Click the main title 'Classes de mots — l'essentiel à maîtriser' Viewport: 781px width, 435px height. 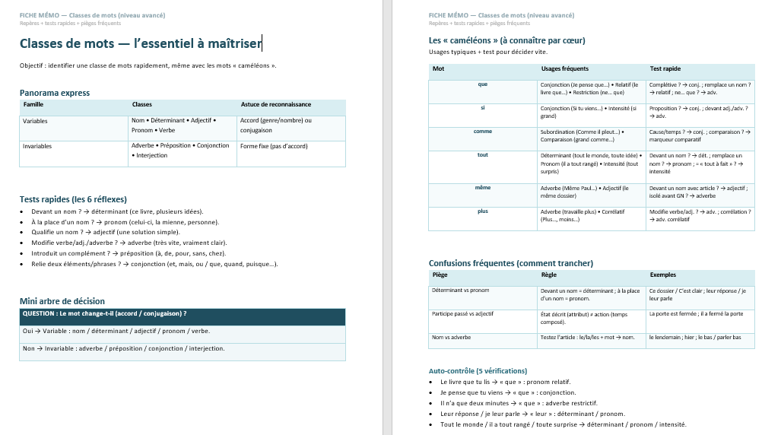click(141, 43)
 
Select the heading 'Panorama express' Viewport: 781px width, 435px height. click(55, 93)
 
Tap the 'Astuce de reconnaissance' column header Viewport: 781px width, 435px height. click(275, 104)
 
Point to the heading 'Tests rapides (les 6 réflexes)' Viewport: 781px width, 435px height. click(73, 199)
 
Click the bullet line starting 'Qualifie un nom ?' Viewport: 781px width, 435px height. click(106, 232)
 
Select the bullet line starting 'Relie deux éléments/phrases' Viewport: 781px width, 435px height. click(154, 264)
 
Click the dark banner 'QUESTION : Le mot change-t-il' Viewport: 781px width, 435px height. click(105, 313)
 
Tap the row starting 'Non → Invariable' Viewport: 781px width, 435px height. click(123, 348)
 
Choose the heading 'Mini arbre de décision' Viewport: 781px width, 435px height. click(62, 301)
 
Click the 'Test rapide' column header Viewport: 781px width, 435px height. click(665, 68)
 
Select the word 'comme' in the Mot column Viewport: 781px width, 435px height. click(482, 131)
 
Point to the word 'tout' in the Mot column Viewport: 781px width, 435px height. click(482, 154)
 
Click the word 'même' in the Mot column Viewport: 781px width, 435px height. click(482, 187)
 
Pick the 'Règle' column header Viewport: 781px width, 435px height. click(549, 275)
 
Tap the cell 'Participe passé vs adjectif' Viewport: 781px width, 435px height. click(462, 313)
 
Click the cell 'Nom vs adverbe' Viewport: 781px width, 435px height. click(451, 337)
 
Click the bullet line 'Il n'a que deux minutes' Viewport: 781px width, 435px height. click(519, 402)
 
